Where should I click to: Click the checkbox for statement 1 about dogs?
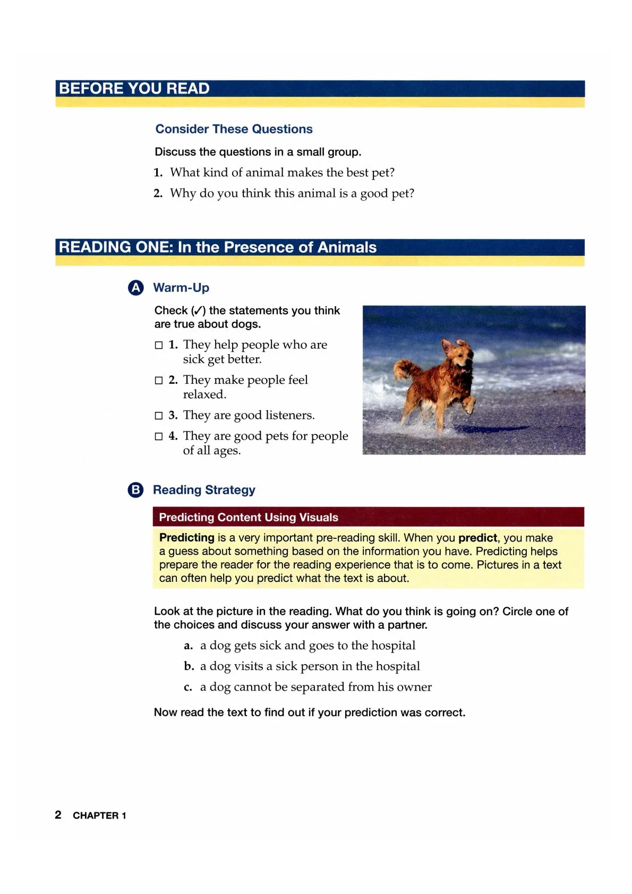point(158,345)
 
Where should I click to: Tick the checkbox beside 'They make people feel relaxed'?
point(158,380)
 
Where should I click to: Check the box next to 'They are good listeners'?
point(158,416)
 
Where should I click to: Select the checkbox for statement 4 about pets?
point(158,436)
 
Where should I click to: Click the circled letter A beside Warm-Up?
point(136,288)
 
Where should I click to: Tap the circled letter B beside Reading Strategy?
point(136,489)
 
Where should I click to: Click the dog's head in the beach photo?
point(460,353)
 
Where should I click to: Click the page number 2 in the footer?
point(58,815)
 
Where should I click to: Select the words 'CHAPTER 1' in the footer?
point(99,815)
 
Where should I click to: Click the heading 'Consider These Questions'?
point(234,129)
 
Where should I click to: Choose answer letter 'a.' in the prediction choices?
point(188,646)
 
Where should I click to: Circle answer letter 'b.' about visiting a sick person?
point(189,667)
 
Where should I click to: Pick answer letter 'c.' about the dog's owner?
point(188,687)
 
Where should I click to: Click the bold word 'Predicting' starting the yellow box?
point(186,538)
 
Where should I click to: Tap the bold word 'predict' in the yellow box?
point(477,538)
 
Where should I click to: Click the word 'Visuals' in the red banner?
point(319,517)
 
